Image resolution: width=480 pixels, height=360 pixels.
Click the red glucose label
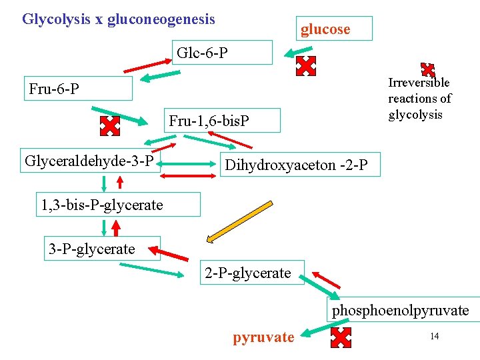(x=325, y=29)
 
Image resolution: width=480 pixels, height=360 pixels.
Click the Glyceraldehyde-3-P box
(x=90, y=161)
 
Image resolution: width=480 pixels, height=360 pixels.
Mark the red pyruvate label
(x=263, y=337)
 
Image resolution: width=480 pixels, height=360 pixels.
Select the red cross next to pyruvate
(x=341, y=338)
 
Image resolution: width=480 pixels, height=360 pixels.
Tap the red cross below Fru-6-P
(x=109, y=125)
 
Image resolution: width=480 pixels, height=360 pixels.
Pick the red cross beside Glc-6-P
(x=305, y=65)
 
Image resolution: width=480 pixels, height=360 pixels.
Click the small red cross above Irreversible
(x=427, y=69)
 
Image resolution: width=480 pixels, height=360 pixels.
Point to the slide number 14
(x=435, y=336)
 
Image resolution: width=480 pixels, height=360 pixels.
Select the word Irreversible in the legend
(x=419, y=83)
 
